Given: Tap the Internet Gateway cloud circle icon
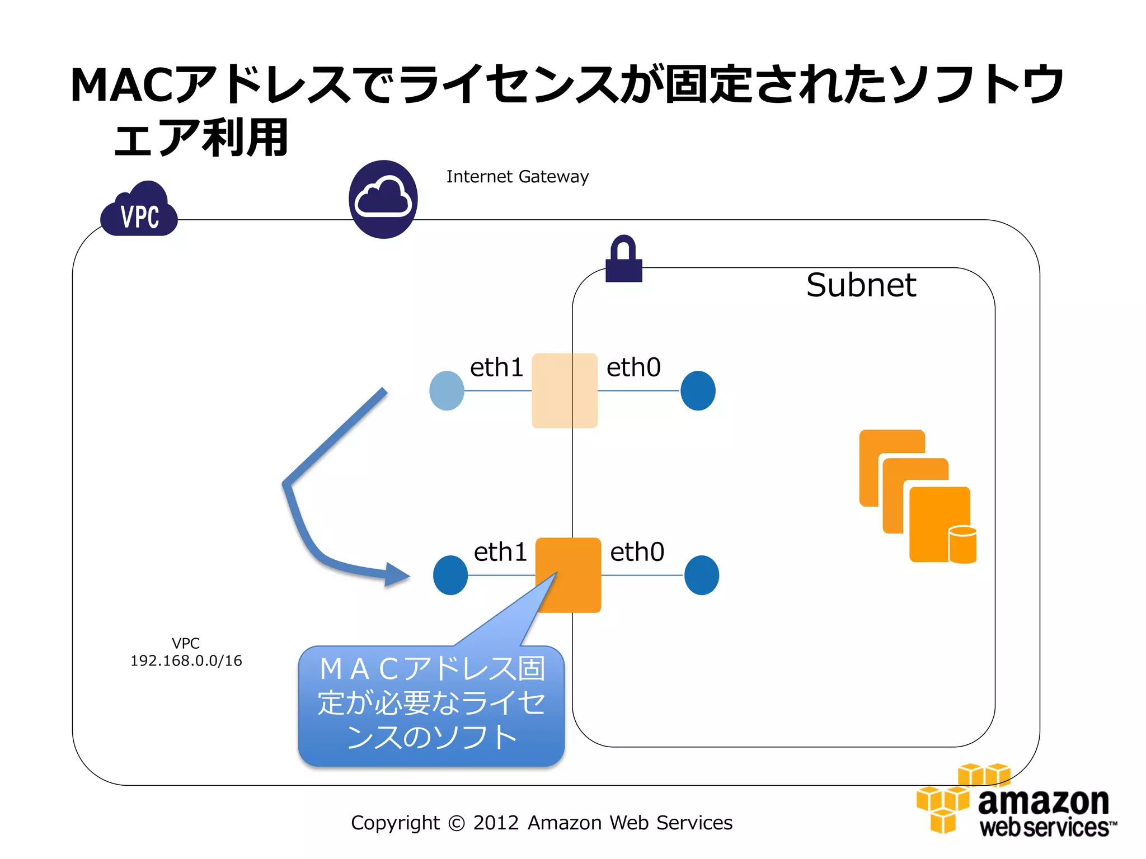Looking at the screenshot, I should (x=383, y=200).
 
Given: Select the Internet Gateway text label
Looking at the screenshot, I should (x=517, y=177).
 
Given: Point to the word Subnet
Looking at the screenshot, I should (x=861, y=285).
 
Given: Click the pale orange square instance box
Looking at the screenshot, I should (x=564, y=390).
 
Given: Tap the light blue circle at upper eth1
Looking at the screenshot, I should (x=447, y=390).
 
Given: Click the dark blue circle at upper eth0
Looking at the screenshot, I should (x=698, y=390).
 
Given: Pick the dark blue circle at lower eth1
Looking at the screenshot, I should (x=450, y=575).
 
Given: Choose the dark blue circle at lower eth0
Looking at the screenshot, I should (x=702, y=575).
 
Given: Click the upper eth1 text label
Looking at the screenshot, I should (x=496, y=367).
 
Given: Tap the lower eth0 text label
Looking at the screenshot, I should (x=637, y=552).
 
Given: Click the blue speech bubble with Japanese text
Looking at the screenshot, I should (x=431, y=705).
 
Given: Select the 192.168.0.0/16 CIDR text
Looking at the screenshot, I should (x=186, y=661).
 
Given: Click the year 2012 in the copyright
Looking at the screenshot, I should (x=496, y=823).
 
